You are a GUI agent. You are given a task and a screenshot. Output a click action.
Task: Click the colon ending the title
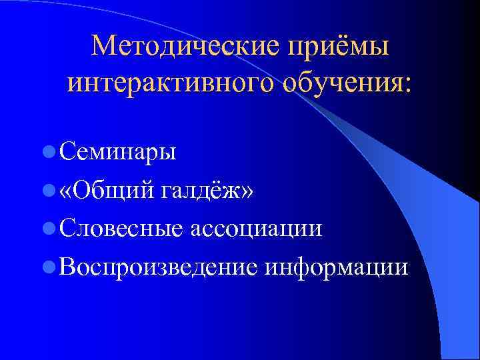click(x=407, y=85)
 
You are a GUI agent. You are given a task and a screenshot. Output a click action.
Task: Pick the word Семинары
click(x=117, y=153)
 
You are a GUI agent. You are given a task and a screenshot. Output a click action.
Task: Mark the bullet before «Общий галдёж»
click(x=48, y=191)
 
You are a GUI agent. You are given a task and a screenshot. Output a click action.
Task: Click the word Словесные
click(x=121, y=229)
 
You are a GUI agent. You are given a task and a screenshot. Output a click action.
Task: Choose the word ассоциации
click(x=257, y=230)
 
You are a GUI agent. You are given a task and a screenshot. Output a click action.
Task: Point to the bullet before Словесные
click(x=48, y=229)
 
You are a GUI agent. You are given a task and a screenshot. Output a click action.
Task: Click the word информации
click(x=336, y=267)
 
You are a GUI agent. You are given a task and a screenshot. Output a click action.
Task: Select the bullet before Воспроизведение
click(x=48, y=267)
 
